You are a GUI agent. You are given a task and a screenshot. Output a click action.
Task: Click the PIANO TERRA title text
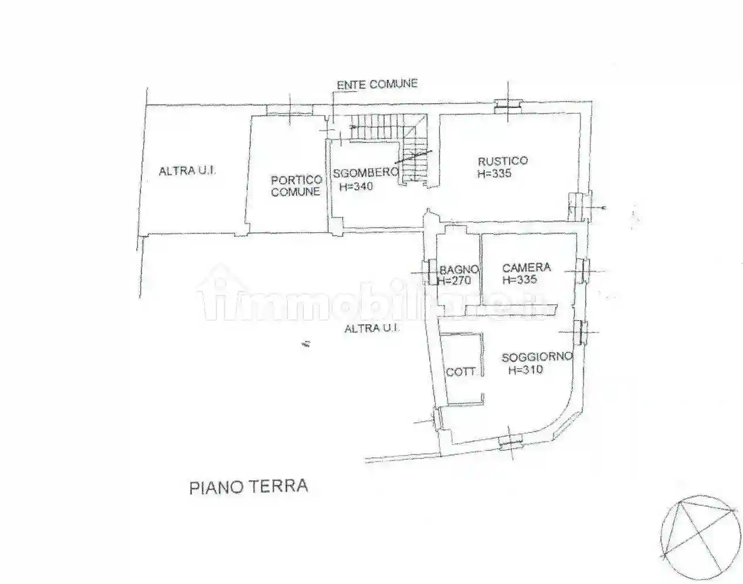(248, 487)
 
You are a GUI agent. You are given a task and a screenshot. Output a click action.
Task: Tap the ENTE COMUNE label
(377, 84)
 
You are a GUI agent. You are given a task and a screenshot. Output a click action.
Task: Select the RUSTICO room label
(503, 161)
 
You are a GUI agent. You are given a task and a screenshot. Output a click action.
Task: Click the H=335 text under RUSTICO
(494, 174)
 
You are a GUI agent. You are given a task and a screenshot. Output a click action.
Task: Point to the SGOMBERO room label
(366, 173)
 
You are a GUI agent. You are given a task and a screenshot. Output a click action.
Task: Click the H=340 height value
(356, 186)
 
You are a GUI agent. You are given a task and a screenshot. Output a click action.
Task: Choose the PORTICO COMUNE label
(296, 186)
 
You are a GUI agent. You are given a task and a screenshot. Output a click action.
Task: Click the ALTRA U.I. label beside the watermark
(372, 328)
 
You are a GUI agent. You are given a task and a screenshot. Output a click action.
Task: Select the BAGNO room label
(459, 270)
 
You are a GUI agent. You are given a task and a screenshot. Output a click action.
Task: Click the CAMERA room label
(526, 267)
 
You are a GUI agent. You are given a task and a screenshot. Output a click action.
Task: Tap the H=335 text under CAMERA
(520, 280)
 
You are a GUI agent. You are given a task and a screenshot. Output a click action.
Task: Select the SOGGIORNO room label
(537, 357)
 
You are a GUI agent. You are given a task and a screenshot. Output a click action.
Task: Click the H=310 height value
(525, 370)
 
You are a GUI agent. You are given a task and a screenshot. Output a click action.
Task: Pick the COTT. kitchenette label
(461, 372)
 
